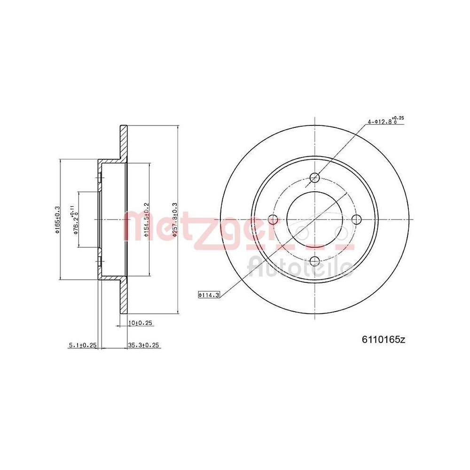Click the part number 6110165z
click(x=383, y=339)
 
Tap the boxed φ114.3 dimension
click(x=209, y=295)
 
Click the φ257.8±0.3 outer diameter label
click(x=174, y=219)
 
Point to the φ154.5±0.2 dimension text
click(x=146, y=219)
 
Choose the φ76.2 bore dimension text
click(x=74, y=219)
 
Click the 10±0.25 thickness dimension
click(x=141, y=323)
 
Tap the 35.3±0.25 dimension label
click(x=144, y=345)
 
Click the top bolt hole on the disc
click(x=315, y=178)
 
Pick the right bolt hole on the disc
click(x=356, y=219)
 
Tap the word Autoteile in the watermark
click(x=301, y=266)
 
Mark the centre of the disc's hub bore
click(x=315, y=219)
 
